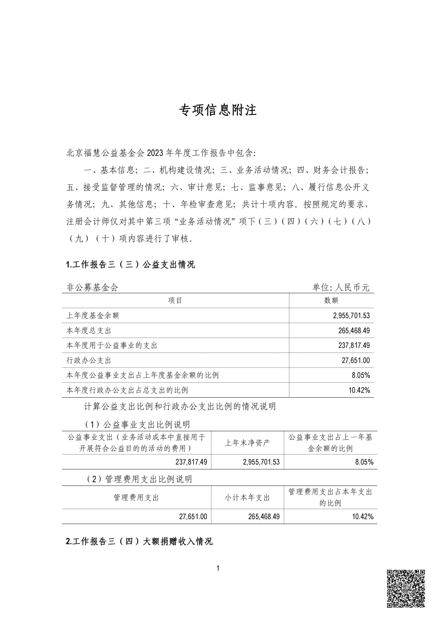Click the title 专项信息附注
pyautogui.click(x=218, y=110)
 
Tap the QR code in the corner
pyautogui.click(x=406, y=588)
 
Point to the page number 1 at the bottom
pyautogui.click(x=218, y=568)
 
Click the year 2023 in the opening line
pyautogui.click(x=155, y=153)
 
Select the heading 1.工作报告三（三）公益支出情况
pyautogui.click(x=130, y=264)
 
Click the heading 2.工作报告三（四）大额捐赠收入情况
pyautogui.click(x=139, y=541)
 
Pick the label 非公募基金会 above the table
pyautogui.click(x=92, y=287)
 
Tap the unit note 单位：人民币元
pyautogui.click(x=341, y=287)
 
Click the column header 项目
pyautogui.click(x=175, y=300)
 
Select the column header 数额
pyautogui.click(x=331, y=300)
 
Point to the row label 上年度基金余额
pyautogui.click(x=93, y=315)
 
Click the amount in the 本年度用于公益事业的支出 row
pyautogui.click(x=354, y=345)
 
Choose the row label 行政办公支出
pyautogui.click(x=89, y=360)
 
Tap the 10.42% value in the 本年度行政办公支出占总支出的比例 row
pyautogui.click(x=359, y=390)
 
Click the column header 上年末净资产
pyautogui.click(x=247, y=443)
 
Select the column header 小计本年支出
pyautogui.click(x=247, y=498)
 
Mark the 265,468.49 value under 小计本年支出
pyautogui.click(x=264, y=516)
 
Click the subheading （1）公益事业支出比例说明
pyautogui.click(x=137, y=425)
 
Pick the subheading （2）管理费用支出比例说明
pyautogui.click(x=139, y=479)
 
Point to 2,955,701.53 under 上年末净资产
pyautogui.click(x=261, y=462)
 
